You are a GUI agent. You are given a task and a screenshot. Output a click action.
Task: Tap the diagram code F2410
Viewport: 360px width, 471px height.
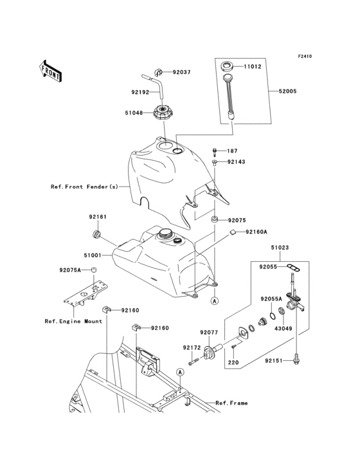[x=304, y=57]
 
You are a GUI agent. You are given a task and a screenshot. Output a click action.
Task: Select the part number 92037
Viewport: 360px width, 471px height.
[x=181, y=72]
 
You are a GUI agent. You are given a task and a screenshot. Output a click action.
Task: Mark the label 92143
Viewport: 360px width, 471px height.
[x=236, y=162]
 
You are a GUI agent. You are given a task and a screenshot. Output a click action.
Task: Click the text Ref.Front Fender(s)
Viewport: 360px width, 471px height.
[x=84, y=187]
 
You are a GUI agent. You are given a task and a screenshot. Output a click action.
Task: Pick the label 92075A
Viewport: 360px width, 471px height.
[x=70, y=270]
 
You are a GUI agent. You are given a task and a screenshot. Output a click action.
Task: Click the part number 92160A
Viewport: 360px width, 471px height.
[x=256, y=232]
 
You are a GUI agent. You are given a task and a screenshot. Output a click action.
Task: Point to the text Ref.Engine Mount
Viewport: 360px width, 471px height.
[x=73, y=320]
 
